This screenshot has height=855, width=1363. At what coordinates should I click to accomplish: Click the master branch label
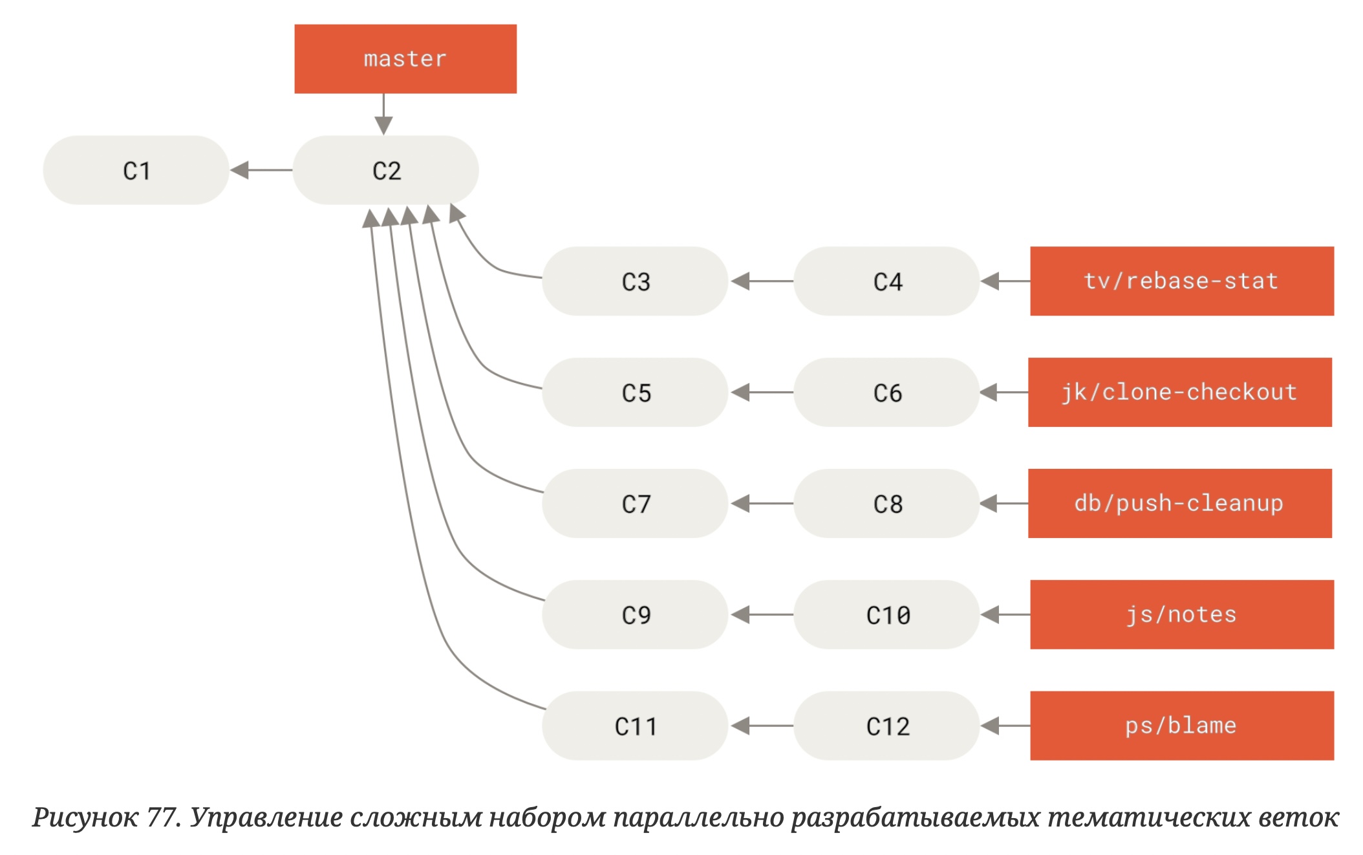[x=405, y=59]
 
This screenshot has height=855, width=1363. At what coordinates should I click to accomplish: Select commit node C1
[x=136, y=170]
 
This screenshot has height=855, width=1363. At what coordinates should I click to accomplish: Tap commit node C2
[x=386, y=170]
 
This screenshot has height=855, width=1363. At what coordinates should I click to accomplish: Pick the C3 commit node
[x=635, y=281]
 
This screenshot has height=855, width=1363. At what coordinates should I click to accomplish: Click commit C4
[x=886, y=281]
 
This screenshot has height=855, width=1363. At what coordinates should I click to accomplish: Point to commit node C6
[x=886, y=393]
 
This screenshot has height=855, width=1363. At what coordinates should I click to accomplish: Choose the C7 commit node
[x=635, y=504]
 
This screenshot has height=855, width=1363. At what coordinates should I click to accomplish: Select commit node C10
[x=886, y=615]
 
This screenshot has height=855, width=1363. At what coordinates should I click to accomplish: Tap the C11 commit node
[x=635, y=726]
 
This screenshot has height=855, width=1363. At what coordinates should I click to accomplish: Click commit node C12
[x=886, y=726]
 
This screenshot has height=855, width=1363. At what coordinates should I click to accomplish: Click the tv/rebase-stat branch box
[x=1181, y=281]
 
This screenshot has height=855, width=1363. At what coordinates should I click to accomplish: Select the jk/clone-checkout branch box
[x=1179, y=393]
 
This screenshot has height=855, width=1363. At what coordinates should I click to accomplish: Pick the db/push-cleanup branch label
[x=1179, y=504]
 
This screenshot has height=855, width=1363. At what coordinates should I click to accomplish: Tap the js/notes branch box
[x=1181, y=615]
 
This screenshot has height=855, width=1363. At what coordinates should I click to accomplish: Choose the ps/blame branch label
[x=1181, y=726]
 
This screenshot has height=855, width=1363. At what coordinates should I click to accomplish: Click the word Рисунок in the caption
[x=85, y=817]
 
